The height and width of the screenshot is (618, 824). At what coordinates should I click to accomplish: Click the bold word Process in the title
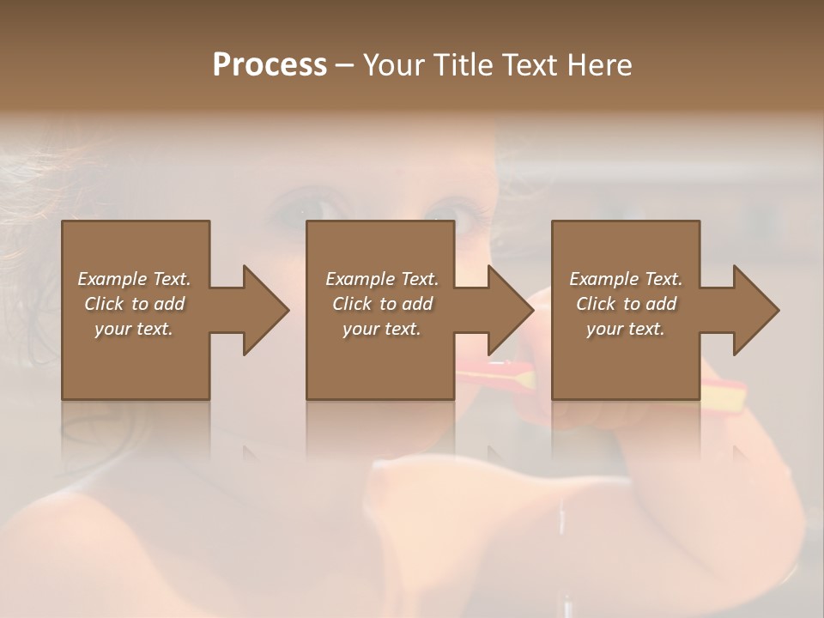[270, 64]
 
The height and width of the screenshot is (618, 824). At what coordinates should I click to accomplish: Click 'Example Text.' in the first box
[134, 279]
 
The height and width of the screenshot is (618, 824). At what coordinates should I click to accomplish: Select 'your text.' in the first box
[134, 329]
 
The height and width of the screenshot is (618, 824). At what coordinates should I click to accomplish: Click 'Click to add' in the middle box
[382, 304]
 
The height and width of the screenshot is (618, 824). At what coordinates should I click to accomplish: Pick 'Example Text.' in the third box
[626, 279]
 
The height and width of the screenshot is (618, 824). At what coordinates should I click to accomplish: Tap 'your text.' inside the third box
[626, 329]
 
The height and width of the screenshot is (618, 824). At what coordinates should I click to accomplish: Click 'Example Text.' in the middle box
[382, 279]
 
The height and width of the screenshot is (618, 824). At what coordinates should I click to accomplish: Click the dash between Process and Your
[345, 65]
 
